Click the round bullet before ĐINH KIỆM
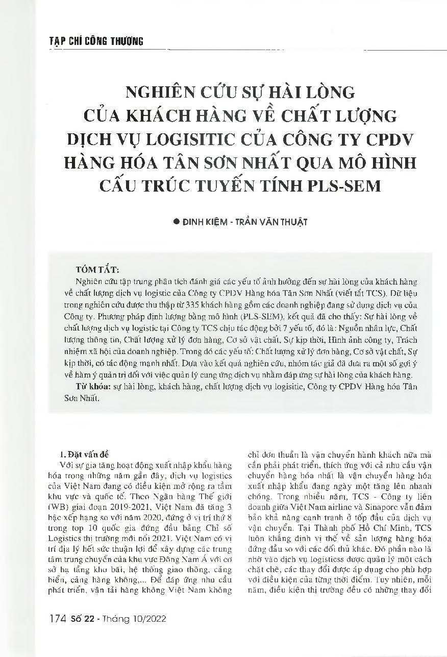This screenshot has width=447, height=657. click(177, 222)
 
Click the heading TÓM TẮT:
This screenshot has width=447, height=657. click(97, 269)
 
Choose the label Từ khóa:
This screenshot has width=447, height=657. click(91, 387)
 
